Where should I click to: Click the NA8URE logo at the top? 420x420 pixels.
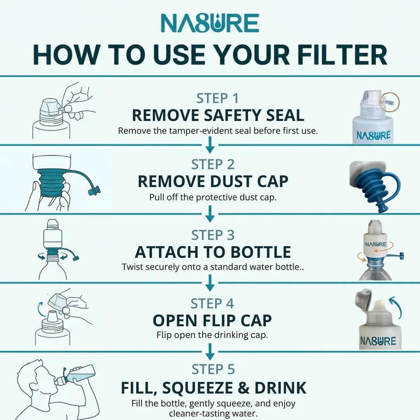pyautogui.click(x=210, y=23)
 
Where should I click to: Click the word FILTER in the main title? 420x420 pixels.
pyautogui.click(x=342, y=55)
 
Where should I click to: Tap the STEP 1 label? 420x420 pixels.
pyautogui.click(x=217, y=98)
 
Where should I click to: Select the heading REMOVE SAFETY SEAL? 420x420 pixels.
pyautogui.click(x=218, y=115)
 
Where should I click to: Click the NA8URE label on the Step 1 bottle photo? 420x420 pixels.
pyautogui.click(x=374, y=135)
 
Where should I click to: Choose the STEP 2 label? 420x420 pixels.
pyautogui.click(x=213, y=164)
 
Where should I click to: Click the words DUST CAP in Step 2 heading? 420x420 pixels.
pyautogui.click(x=249, y=182)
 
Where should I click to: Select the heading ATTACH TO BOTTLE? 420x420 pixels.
pyautogui.click(x=213, y=252)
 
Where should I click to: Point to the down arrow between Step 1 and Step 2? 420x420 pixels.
pyautogui.click(x=210, y=145)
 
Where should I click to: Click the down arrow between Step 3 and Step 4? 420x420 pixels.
pyautogui.click(x=210, y=283)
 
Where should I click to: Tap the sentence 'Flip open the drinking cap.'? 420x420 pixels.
pyautogui.click(x=212, y=335)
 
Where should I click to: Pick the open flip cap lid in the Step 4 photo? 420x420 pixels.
pyautogui.click(x=363, y=300)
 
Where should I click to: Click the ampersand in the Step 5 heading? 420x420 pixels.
pyautogui.click(x=243, y=388)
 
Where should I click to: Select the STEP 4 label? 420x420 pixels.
pyautogui.click(x=212, y=304)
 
